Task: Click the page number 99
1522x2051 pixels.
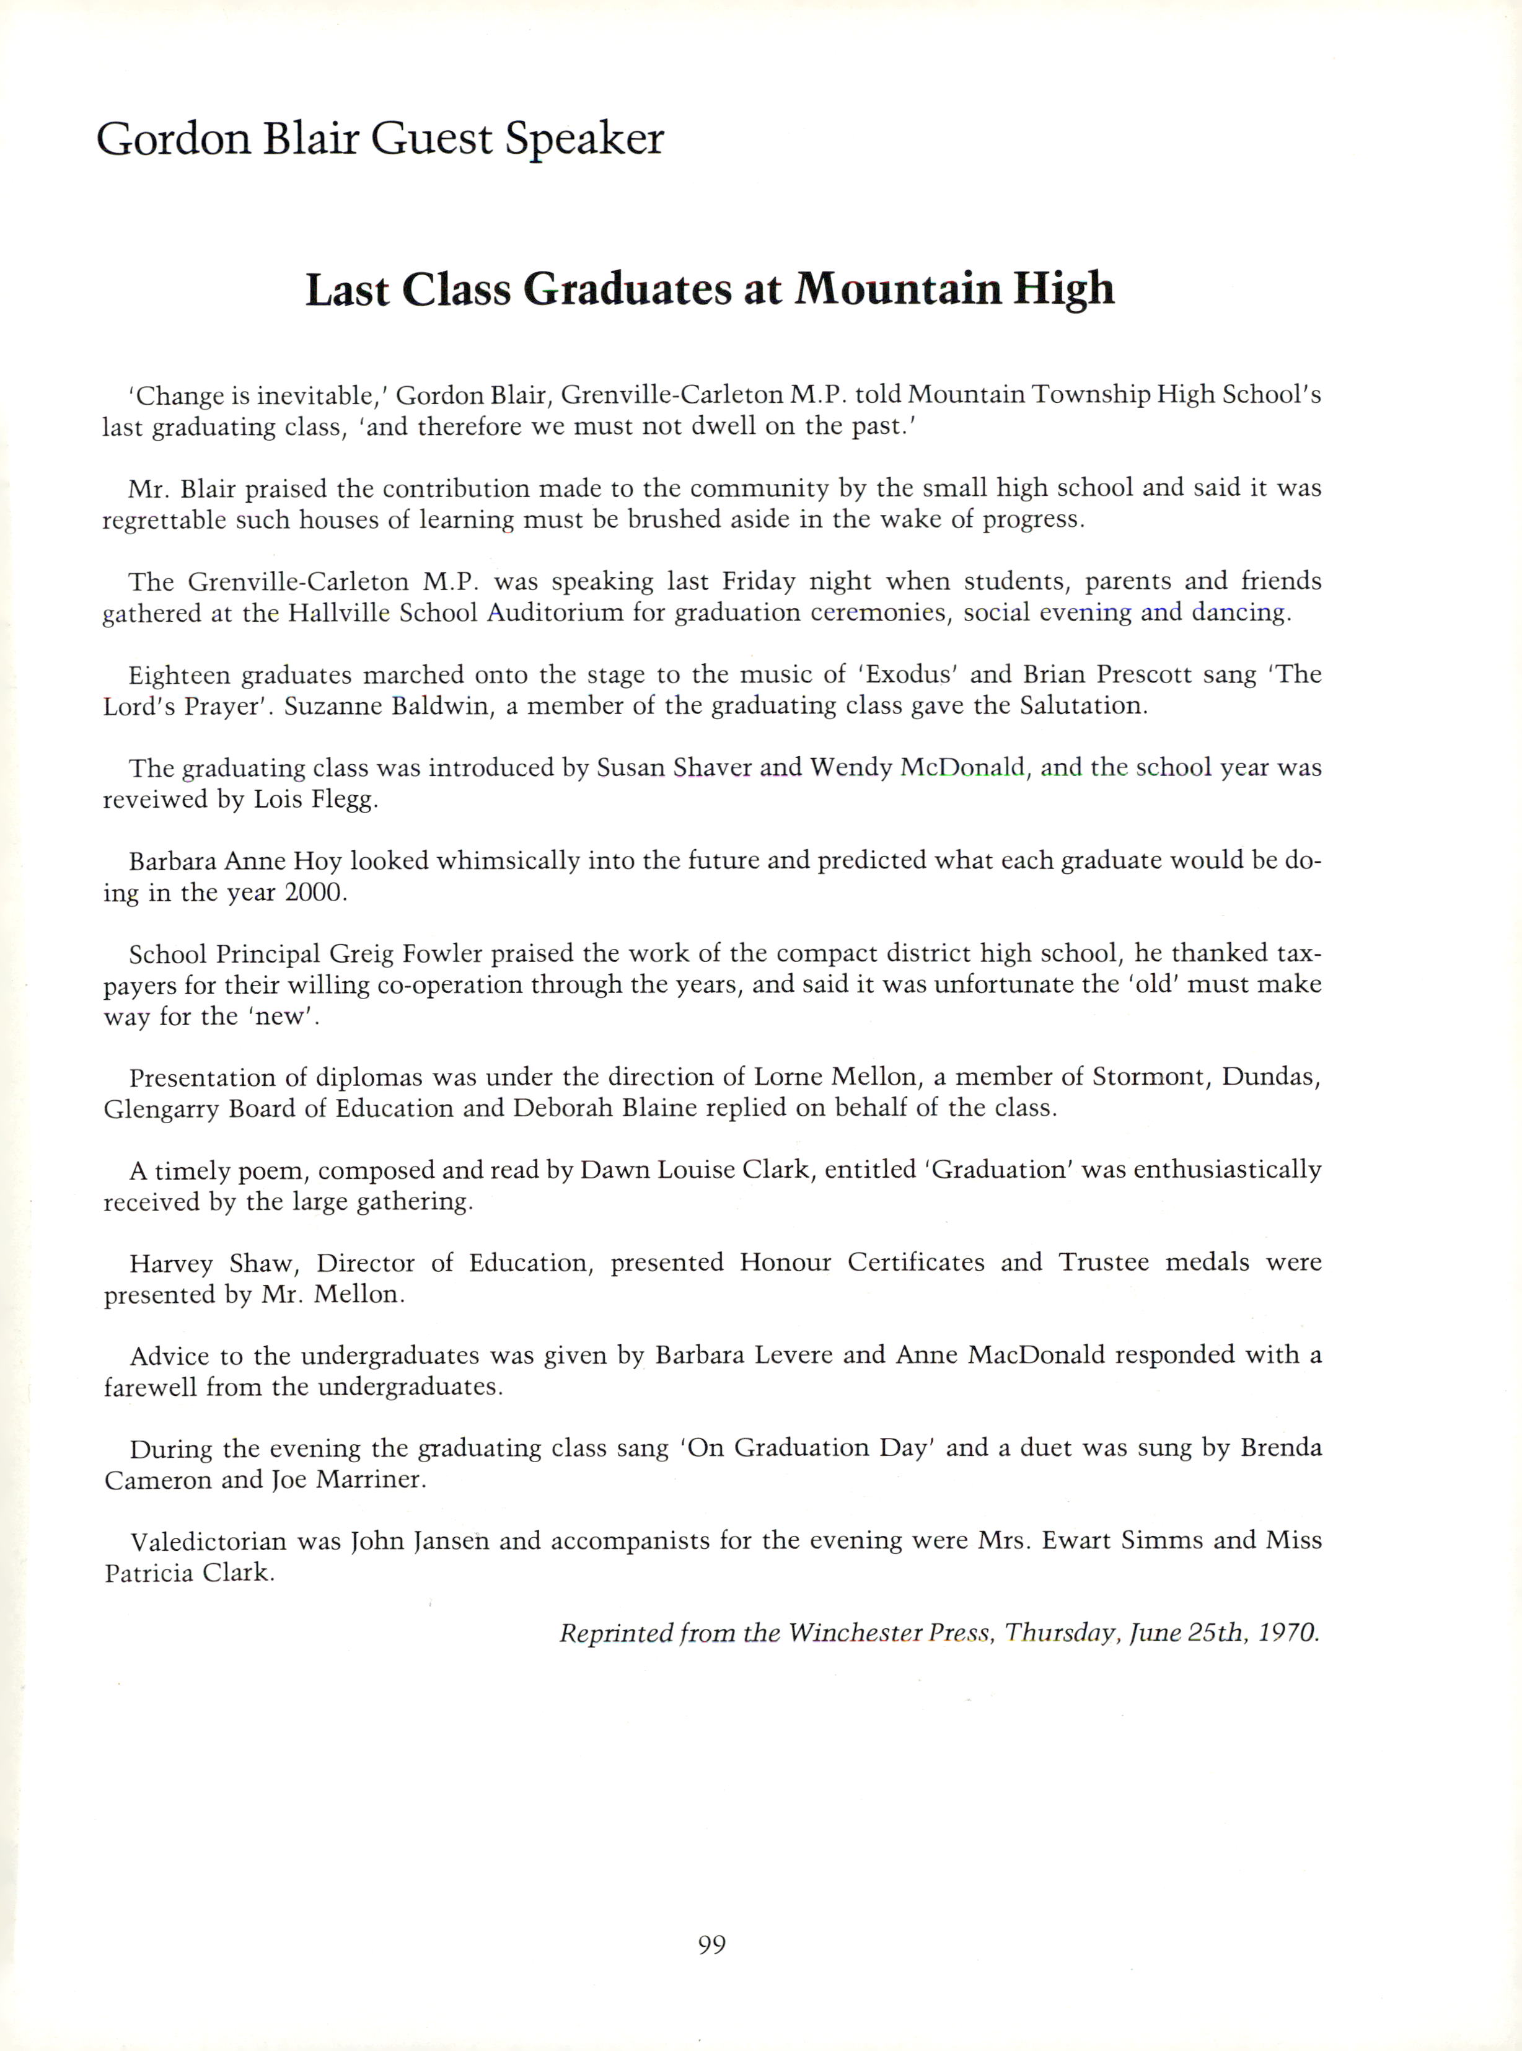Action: coord(711,1944)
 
